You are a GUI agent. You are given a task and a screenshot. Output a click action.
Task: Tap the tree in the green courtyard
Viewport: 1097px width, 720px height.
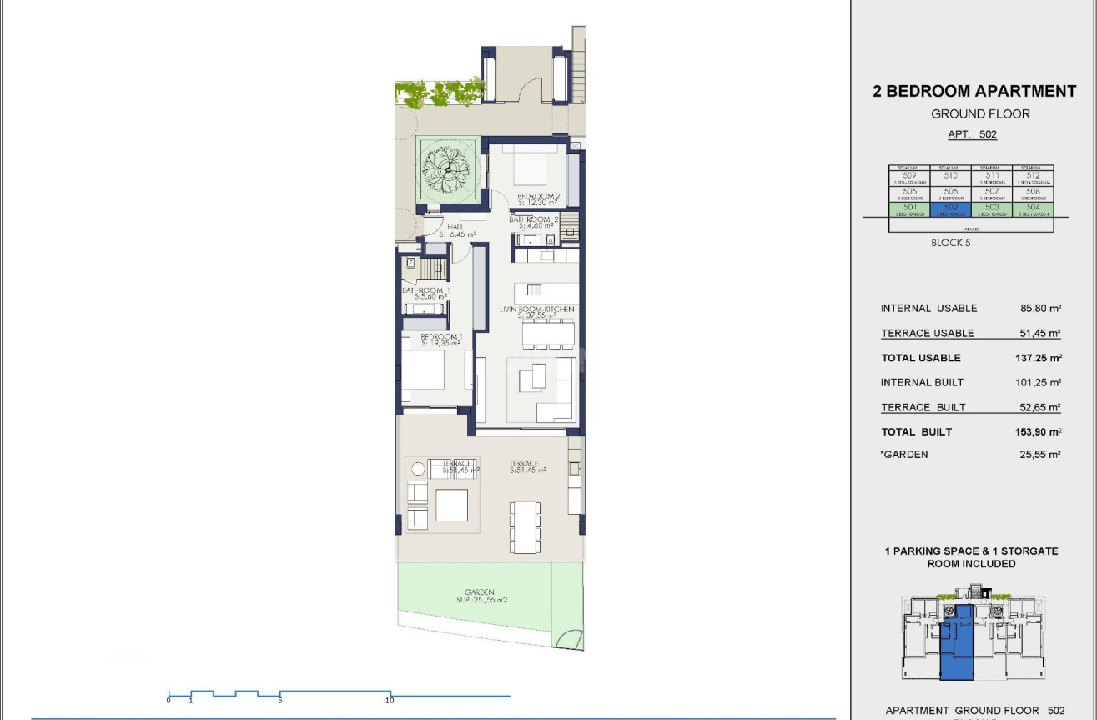pyautogui.click(x=448, y=169)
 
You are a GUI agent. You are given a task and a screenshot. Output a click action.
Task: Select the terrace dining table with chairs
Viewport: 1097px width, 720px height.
pyautogui.click(x=525, y=526)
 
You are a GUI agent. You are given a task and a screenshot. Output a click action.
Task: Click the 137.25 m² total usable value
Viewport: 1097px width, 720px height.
pyautogui.click(x=1031, y=358)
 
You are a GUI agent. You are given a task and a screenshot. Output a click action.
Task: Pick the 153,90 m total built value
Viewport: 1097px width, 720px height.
pyautogui.click(x=1031, y=432)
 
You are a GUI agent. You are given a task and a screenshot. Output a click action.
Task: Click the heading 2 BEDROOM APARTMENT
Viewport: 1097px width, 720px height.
pyautogui.click(x=974, y=92)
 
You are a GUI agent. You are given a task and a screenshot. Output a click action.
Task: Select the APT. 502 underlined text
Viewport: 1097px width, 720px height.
pyautogui.click(x=972, y=134)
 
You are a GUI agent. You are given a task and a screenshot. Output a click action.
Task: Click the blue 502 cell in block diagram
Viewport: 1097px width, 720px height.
pyautogui.click(x=951, y=209)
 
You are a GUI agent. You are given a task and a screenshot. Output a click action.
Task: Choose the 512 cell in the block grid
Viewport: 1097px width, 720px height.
pyautogui.click(x=1034, y=177)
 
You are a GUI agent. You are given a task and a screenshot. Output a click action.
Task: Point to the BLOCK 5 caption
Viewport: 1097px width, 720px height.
pyautogui.click(x=951, y=244)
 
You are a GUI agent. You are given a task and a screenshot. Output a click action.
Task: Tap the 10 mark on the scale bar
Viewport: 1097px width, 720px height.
pyautogui.click(x=390, y=700)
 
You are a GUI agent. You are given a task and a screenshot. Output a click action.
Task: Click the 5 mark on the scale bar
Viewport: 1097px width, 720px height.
pyautogui.click(x=279, y=700)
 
